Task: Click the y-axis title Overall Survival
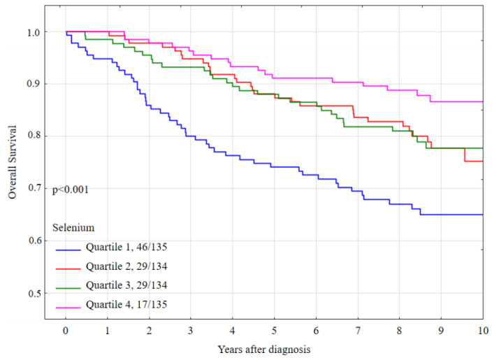coord(12,163)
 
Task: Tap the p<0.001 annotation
coord(70,189)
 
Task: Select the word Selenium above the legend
coord(73,227)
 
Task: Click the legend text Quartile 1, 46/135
coord(126,247)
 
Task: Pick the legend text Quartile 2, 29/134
coord(126,266)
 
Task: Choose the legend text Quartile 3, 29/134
coord(126,285)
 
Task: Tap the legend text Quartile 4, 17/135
coord(126,304)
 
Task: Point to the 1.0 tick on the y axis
coord(34,32)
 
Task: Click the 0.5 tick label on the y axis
coord(34,293)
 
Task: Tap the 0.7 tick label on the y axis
coord(34,189)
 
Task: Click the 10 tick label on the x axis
coord(482,331)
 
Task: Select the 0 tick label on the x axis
coord(66,331)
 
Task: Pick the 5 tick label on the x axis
coord(274,331)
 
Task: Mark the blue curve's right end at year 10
coord(482,215)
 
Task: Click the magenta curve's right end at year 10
coord(482,101)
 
